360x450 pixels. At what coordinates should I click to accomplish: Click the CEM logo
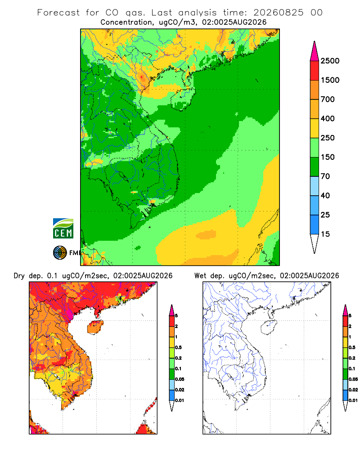click(x=63, y=229)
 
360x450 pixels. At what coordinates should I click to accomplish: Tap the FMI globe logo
click(x=60, y=253)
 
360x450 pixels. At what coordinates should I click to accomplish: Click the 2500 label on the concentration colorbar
click(x=330, y=61)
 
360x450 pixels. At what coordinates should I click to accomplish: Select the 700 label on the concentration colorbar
click(x=328, y=99)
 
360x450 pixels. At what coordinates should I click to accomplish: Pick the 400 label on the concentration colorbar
click(x=328, y=118)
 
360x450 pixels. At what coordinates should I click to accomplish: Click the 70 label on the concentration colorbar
click(x=325, y=176)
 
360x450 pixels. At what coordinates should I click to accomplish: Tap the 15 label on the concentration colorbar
click(x=325, y=234)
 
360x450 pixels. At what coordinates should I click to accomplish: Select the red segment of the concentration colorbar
click(x=315, y=71)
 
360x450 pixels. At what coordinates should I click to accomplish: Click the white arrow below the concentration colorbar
click(x=315, y=243)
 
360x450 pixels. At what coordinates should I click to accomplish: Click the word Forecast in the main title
click(x=58, y=13)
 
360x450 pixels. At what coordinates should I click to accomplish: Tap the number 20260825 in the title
click(x=278, y=13)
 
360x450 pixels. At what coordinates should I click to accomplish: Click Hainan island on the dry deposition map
click(x=95, y=327)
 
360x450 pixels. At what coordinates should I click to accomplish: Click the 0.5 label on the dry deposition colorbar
click(x=178, y=347)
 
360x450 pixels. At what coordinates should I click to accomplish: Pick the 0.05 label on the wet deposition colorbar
click(x=353, y=379)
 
